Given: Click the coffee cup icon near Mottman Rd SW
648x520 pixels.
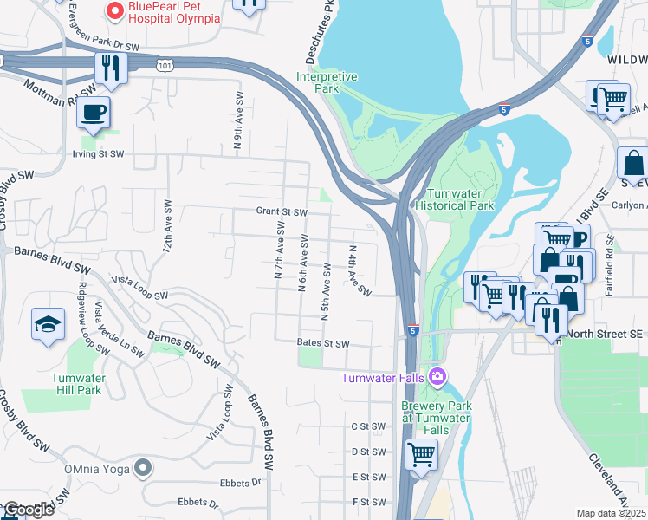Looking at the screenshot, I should coord(93,112).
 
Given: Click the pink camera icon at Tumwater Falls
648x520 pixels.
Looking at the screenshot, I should coord(437,376).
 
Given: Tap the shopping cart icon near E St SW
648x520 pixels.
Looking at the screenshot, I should coord(421,453).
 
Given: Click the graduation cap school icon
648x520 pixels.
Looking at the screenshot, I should coord(49,325).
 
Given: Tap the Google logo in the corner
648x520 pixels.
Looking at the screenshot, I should coord(28,510).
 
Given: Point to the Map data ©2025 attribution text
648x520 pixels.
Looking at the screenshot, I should coord(611,513).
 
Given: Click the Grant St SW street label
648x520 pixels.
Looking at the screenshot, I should coord(282,211).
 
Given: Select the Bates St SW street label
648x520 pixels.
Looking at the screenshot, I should coord(323,344).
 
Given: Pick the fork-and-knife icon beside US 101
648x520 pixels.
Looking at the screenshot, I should coord(111,68).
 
